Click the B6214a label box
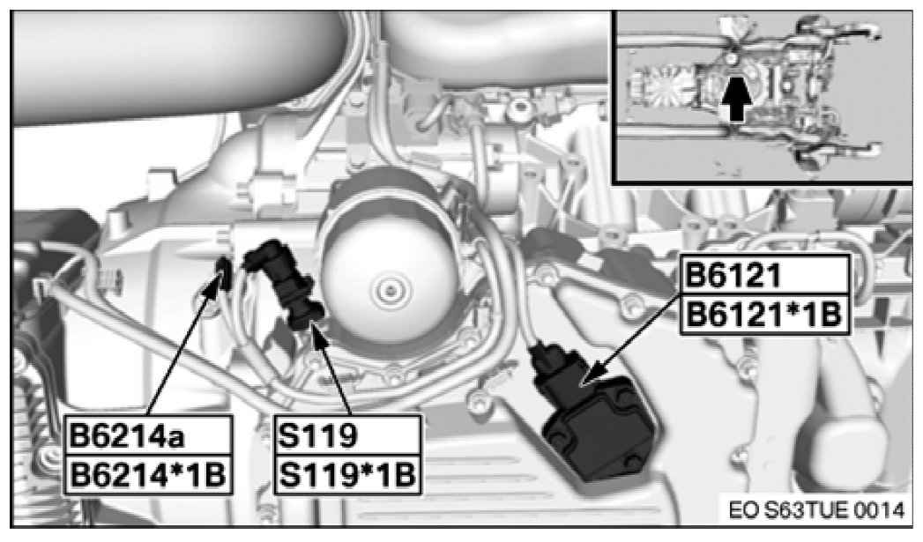pos(147,435)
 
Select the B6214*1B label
pos(147,474)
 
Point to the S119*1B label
pos(348,474)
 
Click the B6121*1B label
pos(765,315)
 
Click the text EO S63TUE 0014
pos(815,509)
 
